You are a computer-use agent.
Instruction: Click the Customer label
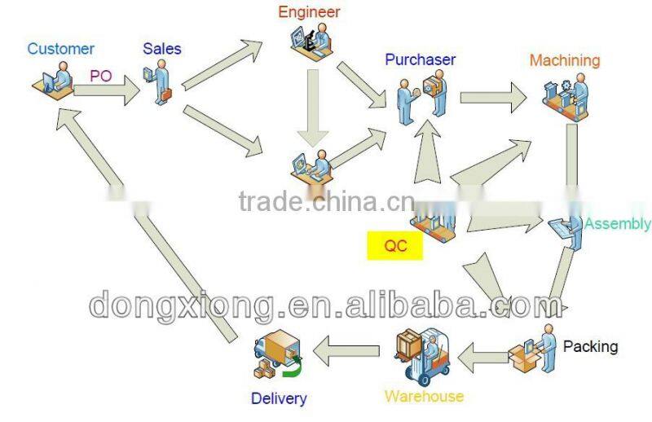60,49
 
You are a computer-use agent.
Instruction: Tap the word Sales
161,49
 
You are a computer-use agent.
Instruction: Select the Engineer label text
309,12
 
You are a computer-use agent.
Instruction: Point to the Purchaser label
420,59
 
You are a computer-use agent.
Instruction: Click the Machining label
565,60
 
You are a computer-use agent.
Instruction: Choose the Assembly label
617,224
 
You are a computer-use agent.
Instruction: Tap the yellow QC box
395,246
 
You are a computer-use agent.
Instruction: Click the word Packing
590,346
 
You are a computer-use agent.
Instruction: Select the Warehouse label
424,396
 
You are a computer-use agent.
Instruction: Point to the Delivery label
279,398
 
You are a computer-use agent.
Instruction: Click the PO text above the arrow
101,76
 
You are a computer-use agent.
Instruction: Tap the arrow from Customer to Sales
107,90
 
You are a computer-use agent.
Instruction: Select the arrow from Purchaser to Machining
494,98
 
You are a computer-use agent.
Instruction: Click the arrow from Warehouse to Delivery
346,351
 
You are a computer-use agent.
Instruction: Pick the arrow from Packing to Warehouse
483,357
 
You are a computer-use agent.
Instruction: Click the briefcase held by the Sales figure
166,94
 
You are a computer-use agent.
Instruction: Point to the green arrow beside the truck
293,368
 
